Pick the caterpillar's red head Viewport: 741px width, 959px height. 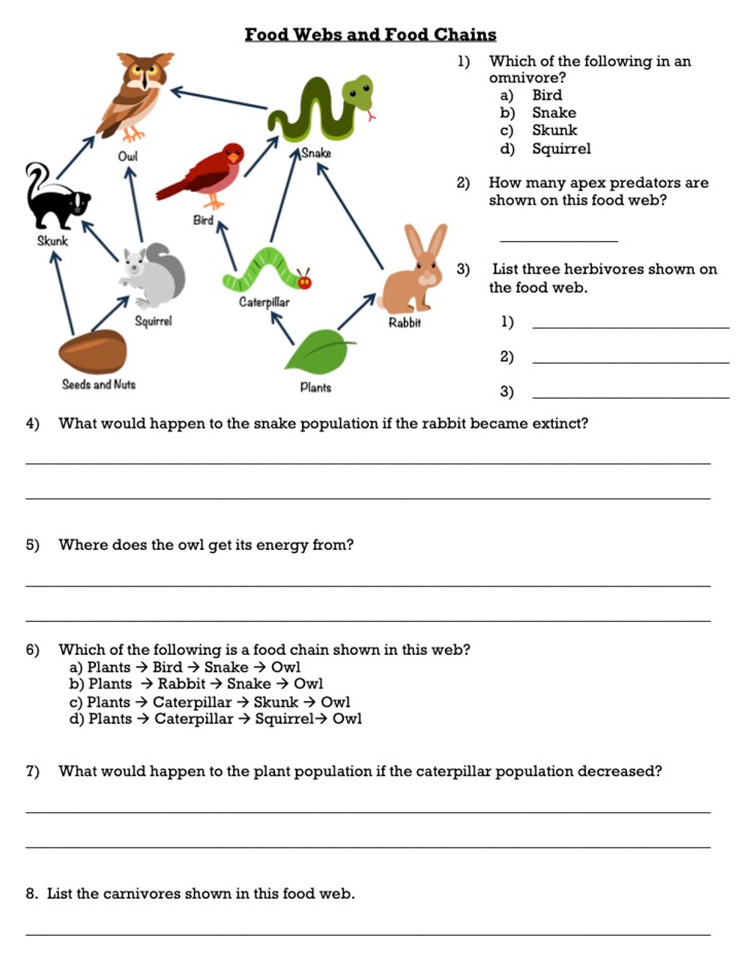click(304, 282)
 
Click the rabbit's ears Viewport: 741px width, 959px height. click(425, 240)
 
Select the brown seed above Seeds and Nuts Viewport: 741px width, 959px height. click(93, 351)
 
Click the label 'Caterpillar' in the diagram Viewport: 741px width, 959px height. click(264, 302)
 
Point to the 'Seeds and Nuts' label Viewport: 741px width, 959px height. click(98, 384)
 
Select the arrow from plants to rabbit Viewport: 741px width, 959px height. click(356, 312)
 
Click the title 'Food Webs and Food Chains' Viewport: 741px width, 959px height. click(370, 34)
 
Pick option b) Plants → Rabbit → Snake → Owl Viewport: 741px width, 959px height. click(196, 684)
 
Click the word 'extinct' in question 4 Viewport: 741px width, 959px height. click(557, 423)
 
